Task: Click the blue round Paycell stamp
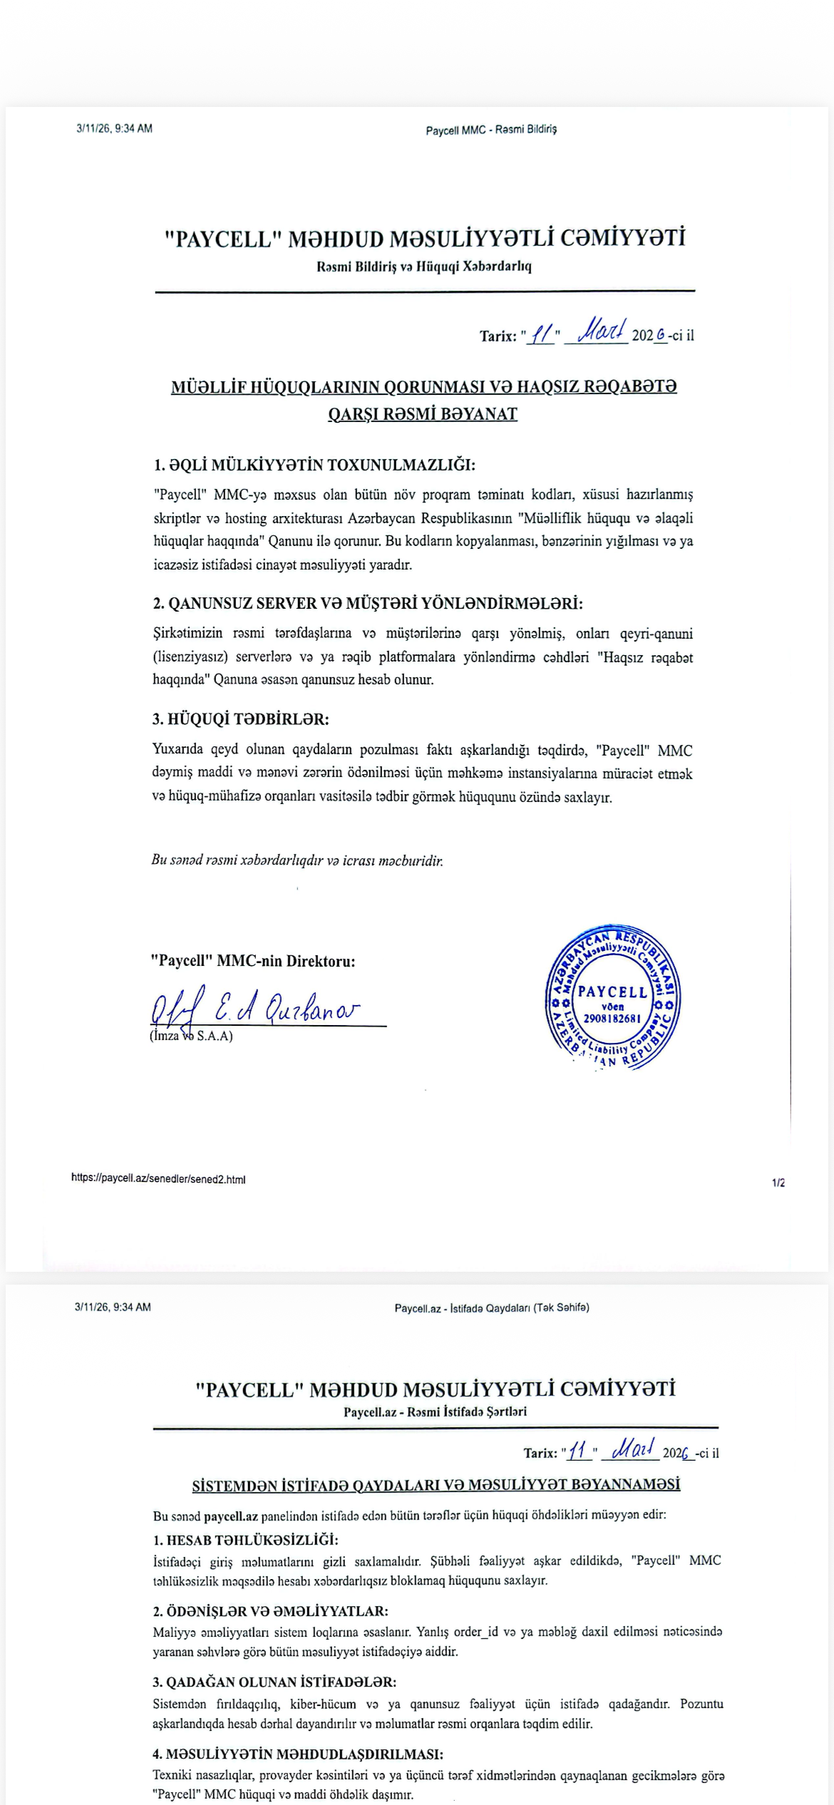(612, 997)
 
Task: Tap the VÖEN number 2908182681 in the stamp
(612, 1019)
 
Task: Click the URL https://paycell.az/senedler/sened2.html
(158, 1178)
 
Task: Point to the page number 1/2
(778, 1183)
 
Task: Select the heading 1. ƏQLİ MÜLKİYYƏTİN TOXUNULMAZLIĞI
(314, 466)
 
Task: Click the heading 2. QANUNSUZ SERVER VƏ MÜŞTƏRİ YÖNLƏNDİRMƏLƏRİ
(368, 604)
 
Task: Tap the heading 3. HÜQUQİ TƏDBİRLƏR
(241, 719)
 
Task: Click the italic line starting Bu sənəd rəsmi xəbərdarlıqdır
(297, 860)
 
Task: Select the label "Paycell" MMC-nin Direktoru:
(252, 961)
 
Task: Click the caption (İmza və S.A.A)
(191, 1037)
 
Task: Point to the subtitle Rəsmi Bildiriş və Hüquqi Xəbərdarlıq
(424, 267)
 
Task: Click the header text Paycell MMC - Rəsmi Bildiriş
(491, 130)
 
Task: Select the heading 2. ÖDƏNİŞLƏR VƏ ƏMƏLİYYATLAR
(270, 1611)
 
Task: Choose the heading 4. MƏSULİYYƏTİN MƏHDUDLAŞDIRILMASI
(298, 1754)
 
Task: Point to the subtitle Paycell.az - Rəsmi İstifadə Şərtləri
(435, 1411)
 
